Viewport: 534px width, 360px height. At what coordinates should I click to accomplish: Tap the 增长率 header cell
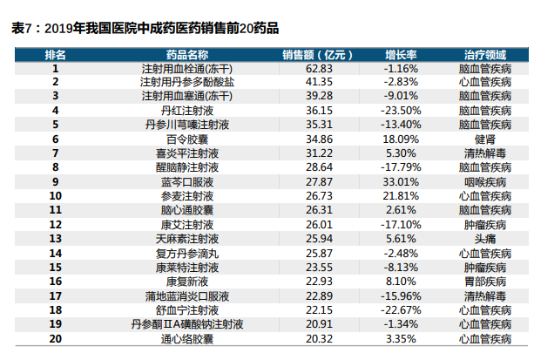click(x=402, y=54)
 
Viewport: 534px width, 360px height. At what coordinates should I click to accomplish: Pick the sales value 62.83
click(x=319, y=68)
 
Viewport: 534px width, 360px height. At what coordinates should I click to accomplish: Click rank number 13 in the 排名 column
click(x=56, y=238)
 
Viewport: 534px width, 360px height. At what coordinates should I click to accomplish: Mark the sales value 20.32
click(x=319, y=338)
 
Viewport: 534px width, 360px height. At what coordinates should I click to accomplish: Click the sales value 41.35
click(x=319, y=82)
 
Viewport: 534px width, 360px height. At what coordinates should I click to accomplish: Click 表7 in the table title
click(x=21, y=28)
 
